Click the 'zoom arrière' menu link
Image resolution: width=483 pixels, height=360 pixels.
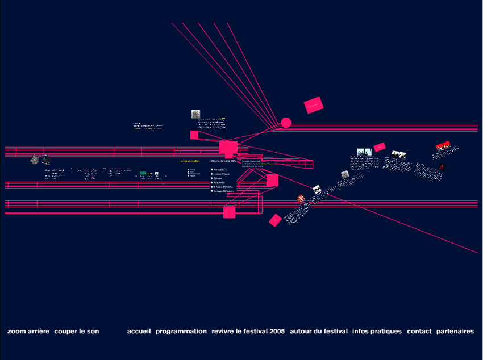click(28, 331)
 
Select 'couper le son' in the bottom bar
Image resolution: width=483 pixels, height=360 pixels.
click(77, 331)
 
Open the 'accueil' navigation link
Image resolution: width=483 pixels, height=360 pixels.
click(139, 331)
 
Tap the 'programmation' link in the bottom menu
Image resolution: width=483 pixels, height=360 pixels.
click(181, 331)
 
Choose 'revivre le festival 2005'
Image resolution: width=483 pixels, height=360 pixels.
click(248, 331)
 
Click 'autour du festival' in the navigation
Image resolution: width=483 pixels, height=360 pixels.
click(319, 331)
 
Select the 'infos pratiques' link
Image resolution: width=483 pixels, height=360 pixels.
click(377, 331)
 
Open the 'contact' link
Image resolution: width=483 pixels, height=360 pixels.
click(419, 331)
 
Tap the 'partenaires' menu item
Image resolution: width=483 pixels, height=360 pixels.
click(455, 331)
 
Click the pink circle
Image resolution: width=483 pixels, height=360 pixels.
click(286, 123)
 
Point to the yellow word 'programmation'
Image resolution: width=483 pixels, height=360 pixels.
click(191, 161)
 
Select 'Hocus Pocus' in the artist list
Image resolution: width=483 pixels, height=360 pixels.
click(223, 174)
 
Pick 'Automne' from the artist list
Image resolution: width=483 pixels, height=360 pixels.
click(221, 182)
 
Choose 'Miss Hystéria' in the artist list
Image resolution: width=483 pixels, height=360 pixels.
click(223, 187)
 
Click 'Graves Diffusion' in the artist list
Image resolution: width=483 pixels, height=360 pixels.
click(225, 191)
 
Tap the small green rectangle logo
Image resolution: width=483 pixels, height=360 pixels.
click(143, 173)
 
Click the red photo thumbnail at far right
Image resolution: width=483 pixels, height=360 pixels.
click(444, 146)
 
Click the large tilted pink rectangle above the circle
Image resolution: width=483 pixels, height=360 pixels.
click(313, 104)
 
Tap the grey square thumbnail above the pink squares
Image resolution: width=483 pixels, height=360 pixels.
click(196, 114)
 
